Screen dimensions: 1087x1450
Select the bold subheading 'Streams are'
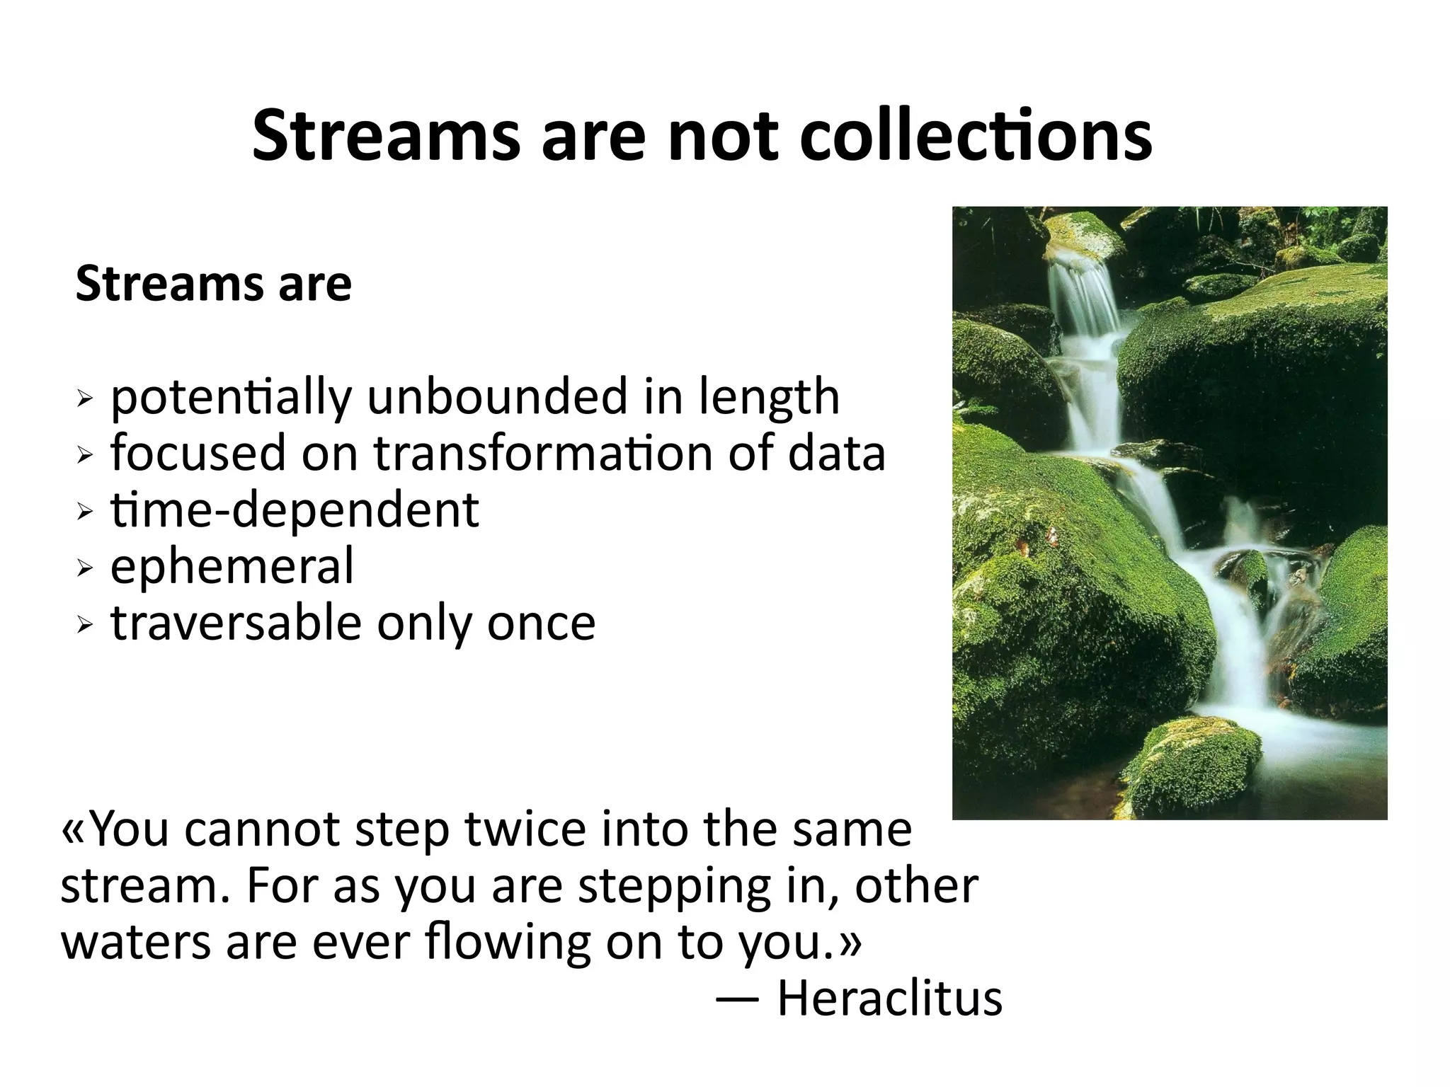pos(213,284)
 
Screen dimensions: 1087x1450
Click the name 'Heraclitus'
pos(890,999)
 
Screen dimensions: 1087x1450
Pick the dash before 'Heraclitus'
pos(738,999)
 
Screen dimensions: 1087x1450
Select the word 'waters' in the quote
pos(135,943)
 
